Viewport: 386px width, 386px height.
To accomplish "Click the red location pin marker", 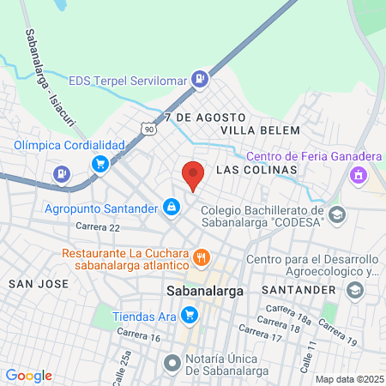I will pyautogui.click(x=193, y=175).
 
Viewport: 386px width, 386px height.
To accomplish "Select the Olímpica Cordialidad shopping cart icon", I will pyautogui.click(x=101, y=163).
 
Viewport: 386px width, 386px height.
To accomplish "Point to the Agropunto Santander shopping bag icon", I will pyautogui.click(x=172, y=208).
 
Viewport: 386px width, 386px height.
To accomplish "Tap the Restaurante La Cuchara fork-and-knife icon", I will pyautogui.click(x=202, y=256).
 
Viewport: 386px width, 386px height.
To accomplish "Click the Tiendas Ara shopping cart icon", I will pyautogui.click(x=188, y=316).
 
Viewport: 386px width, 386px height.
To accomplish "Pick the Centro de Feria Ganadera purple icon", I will pyautogui.click(x=358, y=176).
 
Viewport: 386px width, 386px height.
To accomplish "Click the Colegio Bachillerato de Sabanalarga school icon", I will pyautogui.click(x=337, y=214).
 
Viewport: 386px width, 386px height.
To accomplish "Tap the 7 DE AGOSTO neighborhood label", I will pyautogui.click(x=205, y=116).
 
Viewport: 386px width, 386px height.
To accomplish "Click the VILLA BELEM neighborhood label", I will pyautogui.click(x=261, y=130).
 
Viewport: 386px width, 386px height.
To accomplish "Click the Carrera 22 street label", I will pyautogui.click(x=97, y=226).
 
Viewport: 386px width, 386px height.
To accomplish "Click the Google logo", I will pyautogui.click(x=29, y=376).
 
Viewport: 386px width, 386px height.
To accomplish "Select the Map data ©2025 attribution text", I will pyautogui.click(x=349, y=379).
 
